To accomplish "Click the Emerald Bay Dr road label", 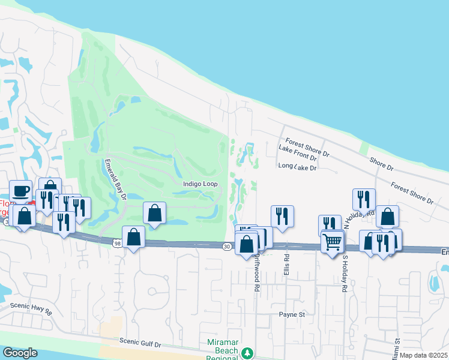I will (x=115, y=179).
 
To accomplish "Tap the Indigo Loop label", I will (x=196, y=184).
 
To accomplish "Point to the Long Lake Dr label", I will (x=297, y=167).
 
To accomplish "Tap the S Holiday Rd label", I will (x=345, y=274).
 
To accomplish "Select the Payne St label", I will (x=292, y=314).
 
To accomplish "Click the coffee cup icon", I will (x=21, y=190).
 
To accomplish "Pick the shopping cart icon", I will (x=333, y=241).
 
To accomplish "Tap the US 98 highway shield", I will (x=117, y=242).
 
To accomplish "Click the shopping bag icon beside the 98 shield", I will (x=134, y=236).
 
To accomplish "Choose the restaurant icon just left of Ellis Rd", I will (x=282, y=215).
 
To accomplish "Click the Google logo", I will (x=20, y=353).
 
